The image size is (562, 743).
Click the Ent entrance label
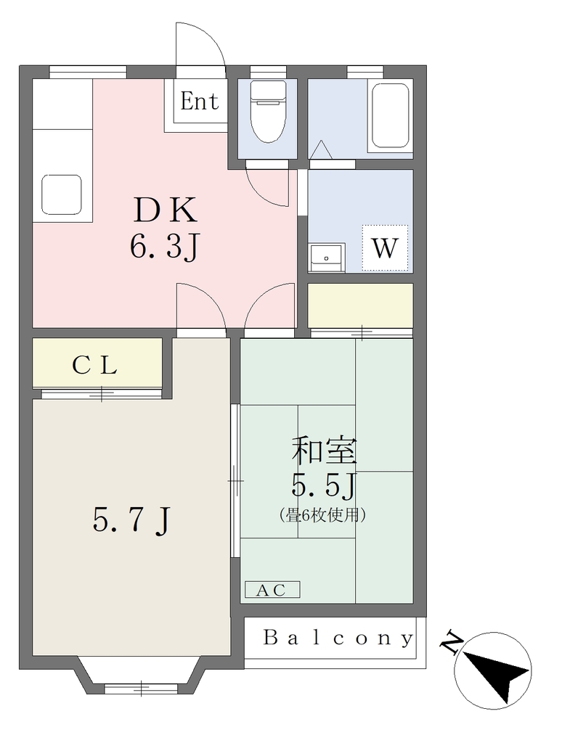coord(200,102)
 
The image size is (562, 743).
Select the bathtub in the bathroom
coord(390,117)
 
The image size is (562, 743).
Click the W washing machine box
coord(385,248)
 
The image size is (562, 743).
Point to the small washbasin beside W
coord(327,258)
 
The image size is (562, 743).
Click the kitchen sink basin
coord(62,194)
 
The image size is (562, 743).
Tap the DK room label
coord(165,210)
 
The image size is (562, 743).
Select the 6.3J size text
coord(163,247)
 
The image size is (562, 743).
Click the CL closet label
coord(95,366)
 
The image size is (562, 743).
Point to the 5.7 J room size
coord(131,520)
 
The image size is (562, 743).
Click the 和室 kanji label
coord(324,451)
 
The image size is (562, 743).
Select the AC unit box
coord(272,590)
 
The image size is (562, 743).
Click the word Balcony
coord(338,638)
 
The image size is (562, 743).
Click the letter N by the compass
coord(452,642)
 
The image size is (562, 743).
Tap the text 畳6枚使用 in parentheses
coord(323,514)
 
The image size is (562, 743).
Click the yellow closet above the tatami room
coord(360,305)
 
